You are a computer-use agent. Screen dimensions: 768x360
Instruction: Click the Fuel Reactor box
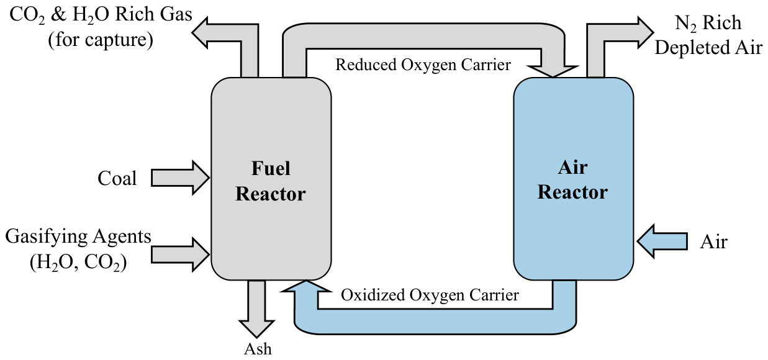point(271,179)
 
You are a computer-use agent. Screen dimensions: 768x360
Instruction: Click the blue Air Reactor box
point(573,179)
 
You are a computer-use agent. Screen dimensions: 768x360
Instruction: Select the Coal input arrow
point(180,178)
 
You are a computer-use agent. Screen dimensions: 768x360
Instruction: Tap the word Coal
point(117,179)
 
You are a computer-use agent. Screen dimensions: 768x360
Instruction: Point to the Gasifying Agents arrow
point(180,254)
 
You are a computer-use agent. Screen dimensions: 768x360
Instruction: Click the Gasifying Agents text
point(78,237)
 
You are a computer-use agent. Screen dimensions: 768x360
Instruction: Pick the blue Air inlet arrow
point(662,241)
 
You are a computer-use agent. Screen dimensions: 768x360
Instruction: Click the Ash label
point(258,349)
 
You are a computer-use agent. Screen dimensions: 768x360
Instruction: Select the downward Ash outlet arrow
point(256,308)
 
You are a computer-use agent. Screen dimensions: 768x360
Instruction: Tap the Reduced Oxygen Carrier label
point(423,65)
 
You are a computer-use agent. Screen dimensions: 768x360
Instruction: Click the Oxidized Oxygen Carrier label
point(430,295)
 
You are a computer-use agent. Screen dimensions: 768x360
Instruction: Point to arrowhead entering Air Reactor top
point(553,71)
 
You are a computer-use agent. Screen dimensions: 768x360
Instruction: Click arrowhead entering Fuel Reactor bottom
point(306,286)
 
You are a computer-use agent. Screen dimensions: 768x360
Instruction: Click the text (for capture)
point(101,40)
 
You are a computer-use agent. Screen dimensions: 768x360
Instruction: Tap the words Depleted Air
point(708,47)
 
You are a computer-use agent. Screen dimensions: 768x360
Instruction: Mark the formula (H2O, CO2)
point(78,263)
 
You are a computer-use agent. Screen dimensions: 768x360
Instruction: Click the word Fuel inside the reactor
point(271,168)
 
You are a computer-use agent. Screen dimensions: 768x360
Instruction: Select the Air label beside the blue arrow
point(713,241)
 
